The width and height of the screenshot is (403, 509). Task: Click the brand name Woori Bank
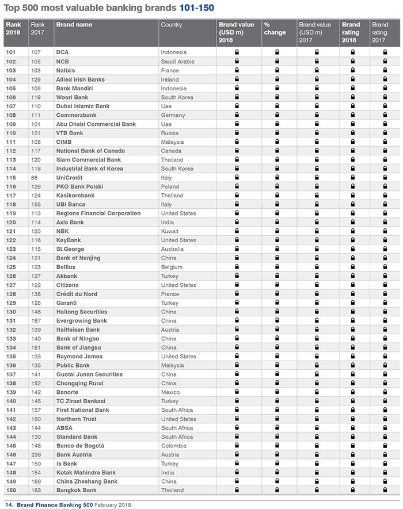pos(72,97)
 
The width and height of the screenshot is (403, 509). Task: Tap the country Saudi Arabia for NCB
pos(178,62)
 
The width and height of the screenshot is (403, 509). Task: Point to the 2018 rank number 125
pos(11,267)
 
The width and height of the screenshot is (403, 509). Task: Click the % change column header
pos(275,29)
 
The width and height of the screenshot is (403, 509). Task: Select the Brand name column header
pos(74,25)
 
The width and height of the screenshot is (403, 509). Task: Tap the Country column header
pos(172,25)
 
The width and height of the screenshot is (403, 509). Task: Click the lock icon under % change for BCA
pos(277,52)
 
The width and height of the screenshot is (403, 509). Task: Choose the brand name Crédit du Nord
pos(77,294)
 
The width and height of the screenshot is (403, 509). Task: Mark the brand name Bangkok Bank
pos(77,490)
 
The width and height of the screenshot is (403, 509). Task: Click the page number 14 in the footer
pos(9,504)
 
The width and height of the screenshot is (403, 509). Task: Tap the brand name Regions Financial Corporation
pos(98,213)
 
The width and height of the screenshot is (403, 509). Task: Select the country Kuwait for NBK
pos(170,231)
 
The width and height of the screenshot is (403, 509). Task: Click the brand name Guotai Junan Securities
pos(89,374)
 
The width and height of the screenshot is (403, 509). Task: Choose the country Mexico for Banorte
pos(171,392)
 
